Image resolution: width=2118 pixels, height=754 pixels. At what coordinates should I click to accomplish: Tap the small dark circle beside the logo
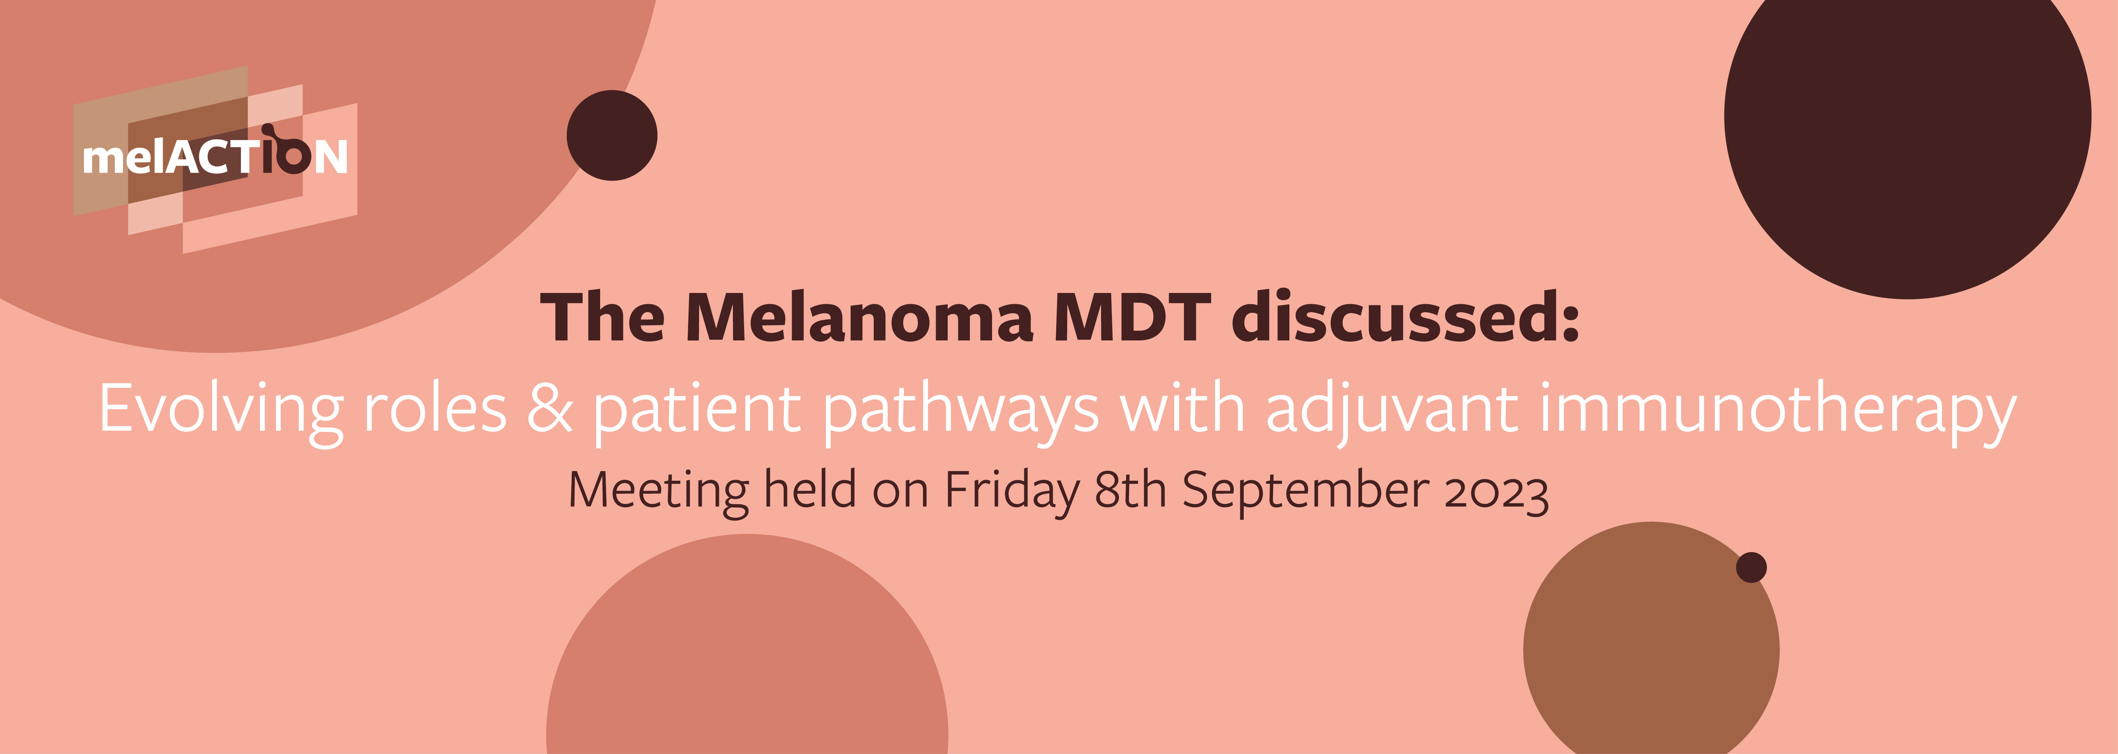[x=612, y=136]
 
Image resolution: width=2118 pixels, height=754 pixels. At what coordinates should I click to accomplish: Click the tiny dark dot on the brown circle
[x=1751, y=567]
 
